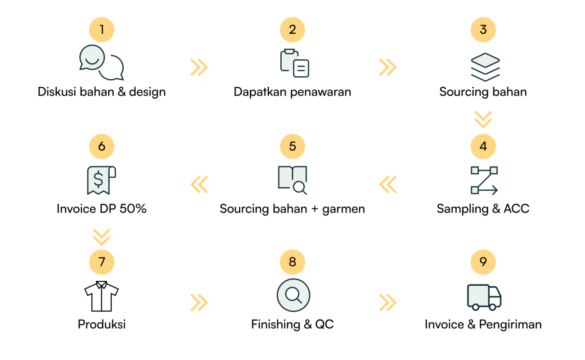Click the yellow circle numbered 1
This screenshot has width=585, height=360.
click(102, 30)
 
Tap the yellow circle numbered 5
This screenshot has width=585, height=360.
click(292, 147)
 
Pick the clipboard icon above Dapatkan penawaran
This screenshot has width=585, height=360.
click(294, 63)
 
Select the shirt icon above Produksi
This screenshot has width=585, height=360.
click(102, 296)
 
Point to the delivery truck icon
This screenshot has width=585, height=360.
click(484, 297)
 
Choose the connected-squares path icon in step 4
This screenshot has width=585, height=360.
click(484, 180)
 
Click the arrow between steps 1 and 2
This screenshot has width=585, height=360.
click(199, 67)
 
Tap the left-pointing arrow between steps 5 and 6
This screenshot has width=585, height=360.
click(199, 184)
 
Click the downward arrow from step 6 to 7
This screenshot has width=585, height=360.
click(102, 237)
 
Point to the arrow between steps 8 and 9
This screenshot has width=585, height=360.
click(388, 302)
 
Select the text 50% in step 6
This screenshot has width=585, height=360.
click(133, 209)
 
